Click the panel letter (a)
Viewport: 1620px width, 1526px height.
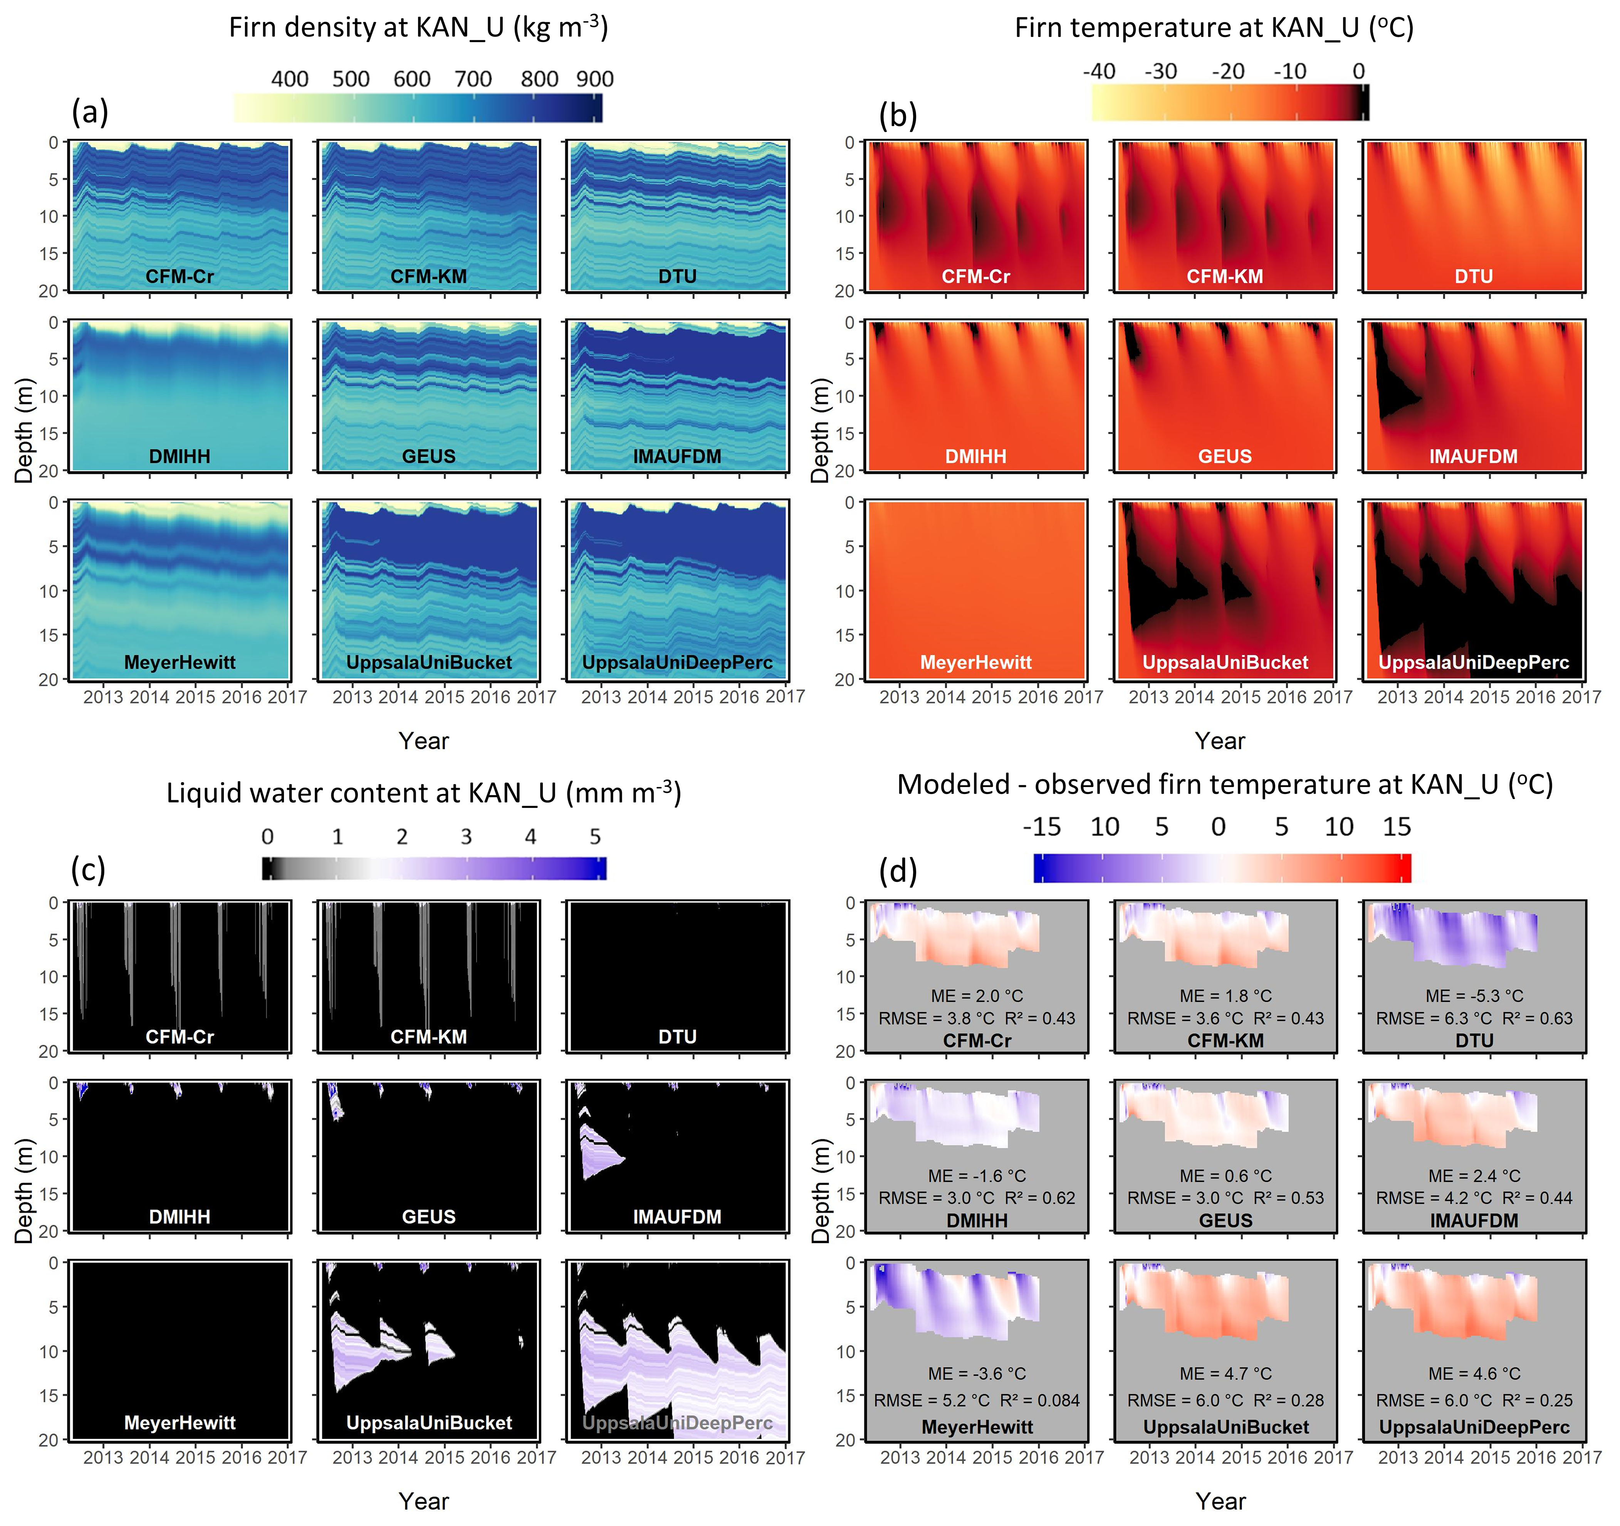(90, 112)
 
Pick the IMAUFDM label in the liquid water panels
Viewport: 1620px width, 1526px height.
(677, 1217)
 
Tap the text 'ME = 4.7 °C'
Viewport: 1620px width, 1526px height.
(1225, 1375)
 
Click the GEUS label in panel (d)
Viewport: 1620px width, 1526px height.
(1225, 1221)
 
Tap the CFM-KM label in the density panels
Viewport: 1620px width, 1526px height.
(429, 276)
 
